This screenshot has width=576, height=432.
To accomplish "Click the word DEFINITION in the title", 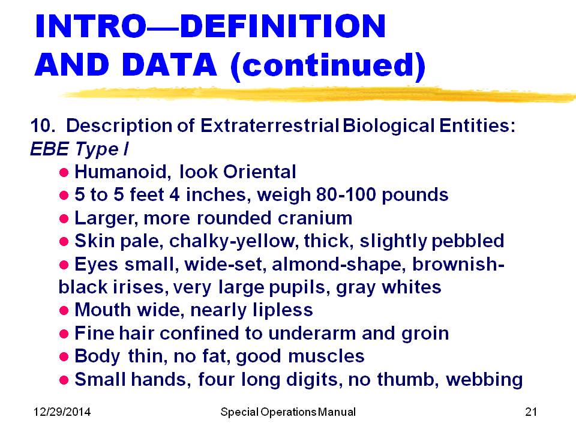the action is click(x=283, y=26).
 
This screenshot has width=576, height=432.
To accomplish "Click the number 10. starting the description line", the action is click(x=43, y=125).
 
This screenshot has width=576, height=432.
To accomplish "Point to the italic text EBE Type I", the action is click(x=79, y=149).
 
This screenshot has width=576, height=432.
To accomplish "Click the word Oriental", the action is click(x=259, y=172).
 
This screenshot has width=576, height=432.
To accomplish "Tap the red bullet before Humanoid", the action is click(x=64, y=172).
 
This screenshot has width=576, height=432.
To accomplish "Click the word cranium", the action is click(x=315, y=218).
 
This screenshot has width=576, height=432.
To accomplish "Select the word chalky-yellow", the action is click(x=232, y=241).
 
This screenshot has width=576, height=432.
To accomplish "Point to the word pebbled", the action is click(x=467, y=241).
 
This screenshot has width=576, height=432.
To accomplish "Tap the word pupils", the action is click(x=298, y=287).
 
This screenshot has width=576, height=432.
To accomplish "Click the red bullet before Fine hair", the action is click(x=64, y=334).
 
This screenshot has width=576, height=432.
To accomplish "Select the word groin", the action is click(x=425, y=334).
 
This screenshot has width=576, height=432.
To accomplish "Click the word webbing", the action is click(x=484, y=380).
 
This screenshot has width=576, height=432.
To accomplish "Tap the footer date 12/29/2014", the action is click(x=62, y=412).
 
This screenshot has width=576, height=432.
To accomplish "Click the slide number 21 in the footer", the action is click(x=531, y=412).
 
